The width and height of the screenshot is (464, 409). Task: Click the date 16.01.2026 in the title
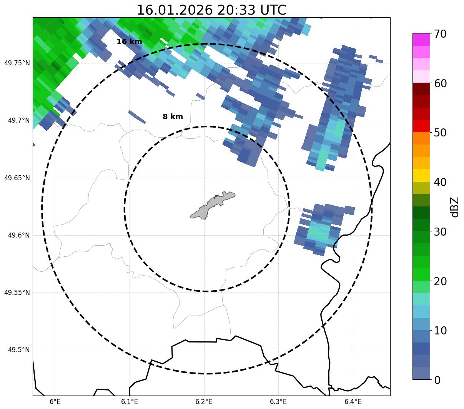pyautogui.click(x=175, y=10)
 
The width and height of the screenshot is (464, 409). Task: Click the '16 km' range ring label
pyautogui.click(x=129, y=42)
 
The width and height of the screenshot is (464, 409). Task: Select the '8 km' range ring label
pyautogui.click(x=173, y=117)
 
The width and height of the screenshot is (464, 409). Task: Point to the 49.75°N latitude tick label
pyautogui.click(x=17, y=63)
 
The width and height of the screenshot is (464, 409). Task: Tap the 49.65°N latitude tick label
pyautogui.click(x=17, y=178)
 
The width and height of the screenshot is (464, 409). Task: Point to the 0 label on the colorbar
pyautogui.click(x=437, y=380)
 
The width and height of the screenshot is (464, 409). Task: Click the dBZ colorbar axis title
pyautogui.click(x=455, y=207)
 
